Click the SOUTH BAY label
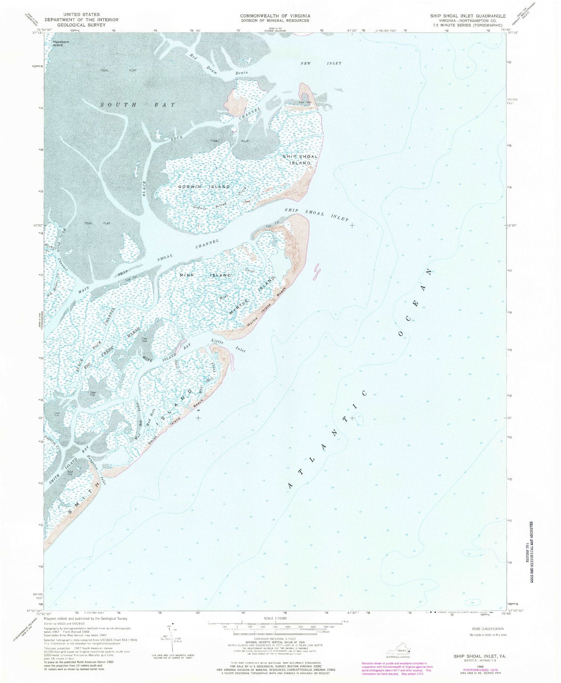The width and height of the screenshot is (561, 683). point(138,105)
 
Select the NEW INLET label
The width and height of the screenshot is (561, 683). point(321,63)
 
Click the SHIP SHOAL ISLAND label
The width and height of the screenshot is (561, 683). point(300,160)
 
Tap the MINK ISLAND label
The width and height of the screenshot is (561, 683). point(205,275)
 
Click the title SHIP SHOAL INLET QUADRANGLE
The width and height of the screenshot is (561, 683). point(467,16)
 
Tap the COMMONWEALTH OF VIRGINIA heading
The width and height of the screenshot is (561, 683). point(275,16)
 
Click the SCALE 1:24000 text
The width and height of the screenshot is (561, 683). point(275,619)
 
